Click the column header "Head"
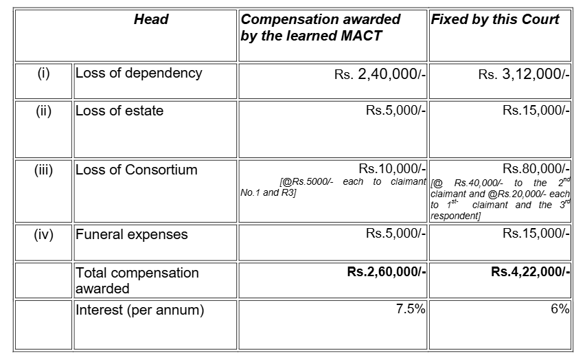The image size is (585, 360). point(151,19)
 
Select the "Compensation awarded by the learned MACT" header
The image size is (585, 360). point(321,27)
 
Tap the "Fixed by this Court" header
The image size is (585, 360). point(494,19)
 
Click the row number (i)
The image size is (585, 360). point(43,73)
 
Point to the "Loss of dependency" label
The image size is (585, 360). point(139,73)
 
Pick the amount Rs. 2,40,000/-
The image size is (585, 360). point(380,74)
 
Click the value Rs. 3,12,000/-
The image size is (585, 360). point(524,74)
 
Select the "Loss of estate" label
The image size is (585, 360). point(119,111)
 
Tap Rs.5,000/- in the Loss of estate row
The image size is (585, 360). point(396,111)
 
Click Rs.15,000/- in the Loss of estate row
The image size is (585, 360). point(536,111)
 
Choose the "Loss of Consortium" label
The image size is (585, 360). point(136,170)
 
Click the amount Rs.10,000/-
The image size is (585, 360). point(393,169)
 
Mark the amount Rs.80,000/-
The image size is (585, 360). point(536,169)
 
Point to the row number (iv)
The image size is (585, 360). point(43,234)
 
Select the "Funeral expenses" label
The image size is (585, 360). point(131,234)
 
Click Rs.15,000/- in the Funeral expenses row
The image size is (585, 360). point(536,234)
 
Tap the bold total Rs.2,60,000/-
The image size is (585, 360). point(387,272)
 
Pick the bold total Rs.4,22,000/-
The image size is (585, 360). point(530,272)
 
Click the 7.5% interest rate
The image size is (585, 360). point(411,309)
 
